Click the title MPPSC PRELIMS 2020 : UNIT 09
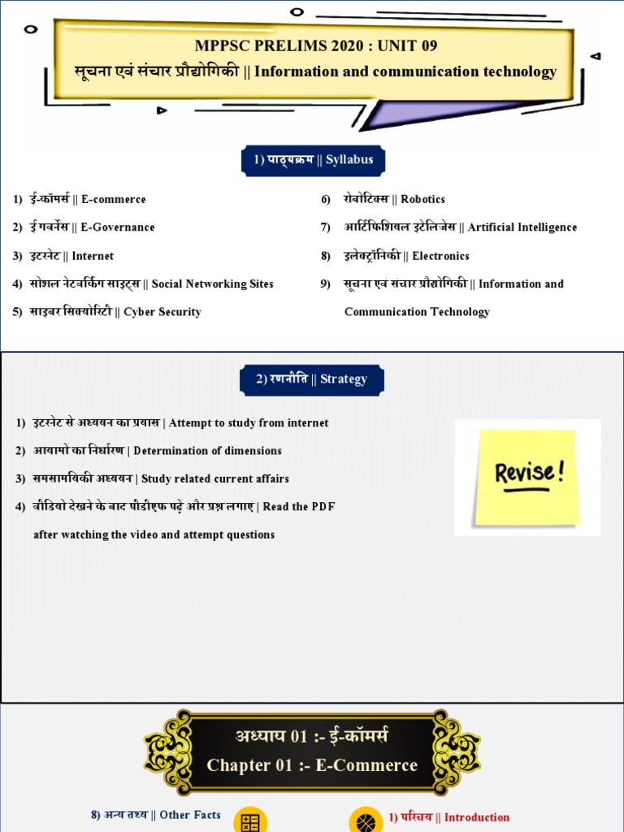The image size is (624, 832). point(316,45)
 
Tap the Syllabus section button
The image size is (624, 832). point(313,160)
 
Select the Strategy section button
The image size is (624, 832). point(312,379)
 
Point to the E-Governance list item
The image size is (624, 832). point(118,227)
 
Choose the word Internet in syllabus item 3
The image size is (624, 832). point(93,256)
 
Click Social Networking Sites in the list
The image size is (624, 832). point(213,284)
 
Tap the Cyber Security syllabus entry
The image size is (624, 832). point(162,312)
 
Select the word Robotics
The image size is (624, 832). point(422,199)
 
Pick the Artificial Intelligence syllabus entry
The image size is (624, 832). point(522,227)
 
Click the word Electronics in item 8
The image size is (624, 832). point(440,256)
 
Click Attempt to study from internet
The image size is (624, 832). point(249,423)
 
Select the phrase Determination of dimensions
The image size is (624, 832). point(208,451)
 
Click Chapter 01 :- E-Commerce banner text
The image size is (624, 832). point(312,765)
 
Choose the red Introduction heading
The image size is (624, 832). point(477,817)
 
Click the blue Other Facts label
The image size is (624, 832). point(190,815)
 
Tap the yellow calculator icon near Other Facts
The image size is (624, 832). point(250,821)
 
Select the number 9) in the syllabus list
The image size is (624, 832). point(326,284)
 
